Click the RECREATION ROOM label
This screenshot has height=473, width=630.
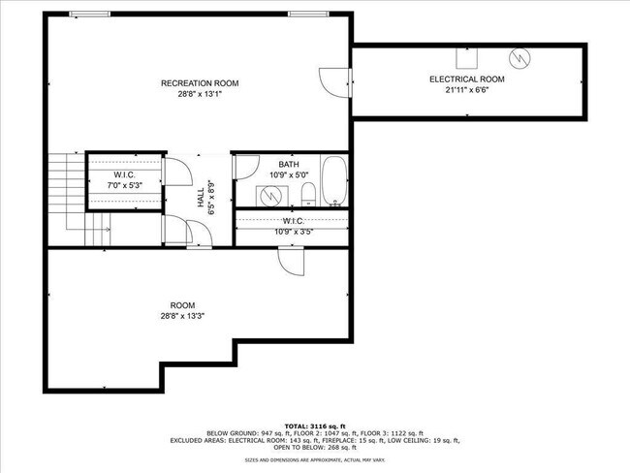tap(199, 83)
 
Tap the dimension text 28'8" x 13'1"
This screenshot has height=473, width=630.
tap(199, 94)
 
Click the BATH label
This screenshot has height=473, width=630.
tap(288, 164)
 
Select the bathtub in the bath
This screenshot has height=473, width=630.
tap(334, 181)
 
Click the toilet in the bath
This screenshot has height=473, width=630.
tap(307, 197)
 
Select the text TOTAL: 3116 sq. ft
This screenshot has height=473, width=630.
tap(315, 426)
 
